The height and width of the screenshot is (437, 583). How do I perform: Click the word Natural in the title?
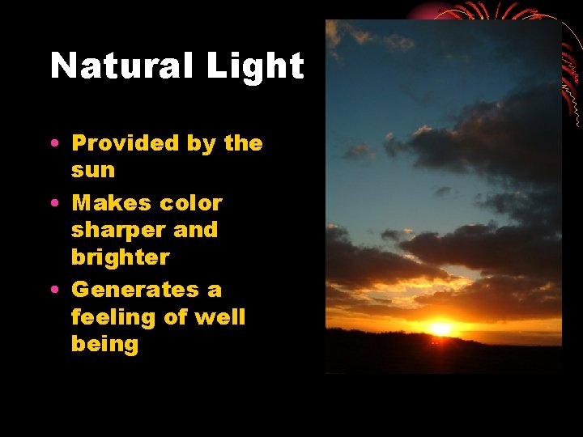(x=122, y=66)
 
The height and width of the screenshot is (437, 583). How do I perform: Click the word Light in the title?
(x=255, y=66)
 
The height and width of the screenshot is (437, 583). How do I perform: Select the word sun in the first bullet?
(x=93, y=171)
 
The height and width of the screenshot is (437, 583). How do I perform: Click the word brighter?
(x=120, y=258)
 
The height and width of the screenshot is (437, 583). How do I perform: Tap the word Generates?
(x=134, y=289)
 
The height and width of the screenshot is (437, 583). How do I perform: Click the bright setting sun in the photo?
(x=440, y=329)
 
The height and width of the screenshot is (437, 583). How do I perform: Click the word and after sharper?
(x=196, y=230)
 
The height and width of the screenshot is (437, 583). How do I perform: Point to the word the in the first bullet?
(x=244, y=143)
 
